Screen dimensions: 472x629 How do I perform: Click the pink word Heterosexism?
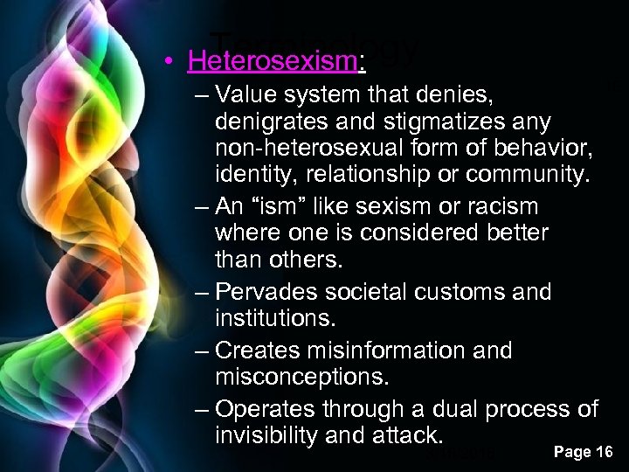point(262,62)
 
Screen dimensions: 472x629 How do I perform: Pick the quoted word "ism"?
point(292,206)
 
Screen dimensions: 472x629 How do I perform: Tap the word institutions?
point(280,321)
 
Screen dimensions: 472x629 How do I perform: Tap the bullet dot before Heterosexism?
point(176,63)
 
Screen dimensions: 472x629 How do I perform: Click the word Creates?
point(259,350)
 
